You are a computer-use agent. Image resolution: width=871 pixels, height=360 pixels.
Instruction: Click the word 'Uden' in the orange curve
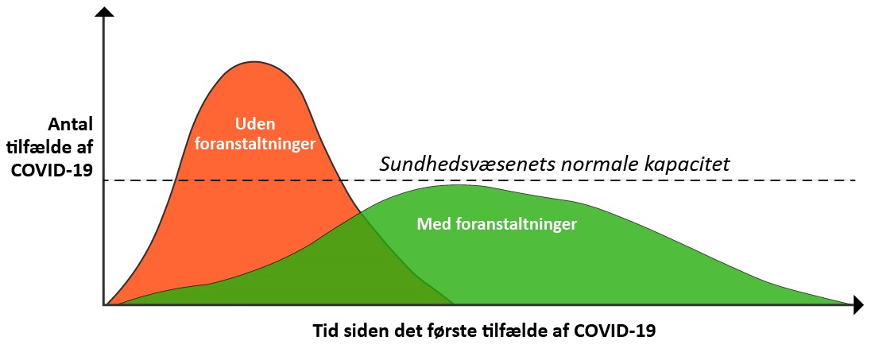(x=255, y=123)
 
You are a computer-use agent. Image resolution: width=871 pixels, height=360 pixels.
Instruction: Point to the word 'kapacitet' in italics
(x=687, y=165)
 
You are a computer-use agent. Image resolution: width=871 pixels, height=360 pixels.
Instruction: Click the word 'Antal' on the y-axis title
(x=72, y=123)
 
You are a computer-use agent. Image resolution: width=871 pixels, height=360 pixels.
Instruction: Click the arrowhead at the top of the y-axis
(x=104, y=12)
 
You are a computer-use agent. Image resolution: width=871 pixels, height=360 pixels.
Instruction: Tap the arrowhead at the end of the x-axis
(x=857, y=304)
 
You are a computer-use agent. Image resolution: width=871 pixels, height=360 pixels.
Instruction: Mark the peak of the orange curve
(x=254, y=61)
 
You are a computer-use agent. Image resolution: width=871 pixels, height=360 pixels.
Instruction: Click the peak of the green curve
(x=459, y=184)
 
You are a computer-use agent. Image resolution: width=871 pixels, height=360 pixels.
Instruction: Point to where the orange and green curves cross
(x=361, y=213)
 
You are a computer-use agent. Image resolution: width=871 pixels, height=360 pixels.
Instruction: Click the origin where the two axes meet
(x=104, y=304)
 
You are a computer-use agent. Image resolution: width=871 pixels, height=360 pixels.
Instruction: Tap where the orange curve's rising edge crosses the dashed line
(x=176, y=180)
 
